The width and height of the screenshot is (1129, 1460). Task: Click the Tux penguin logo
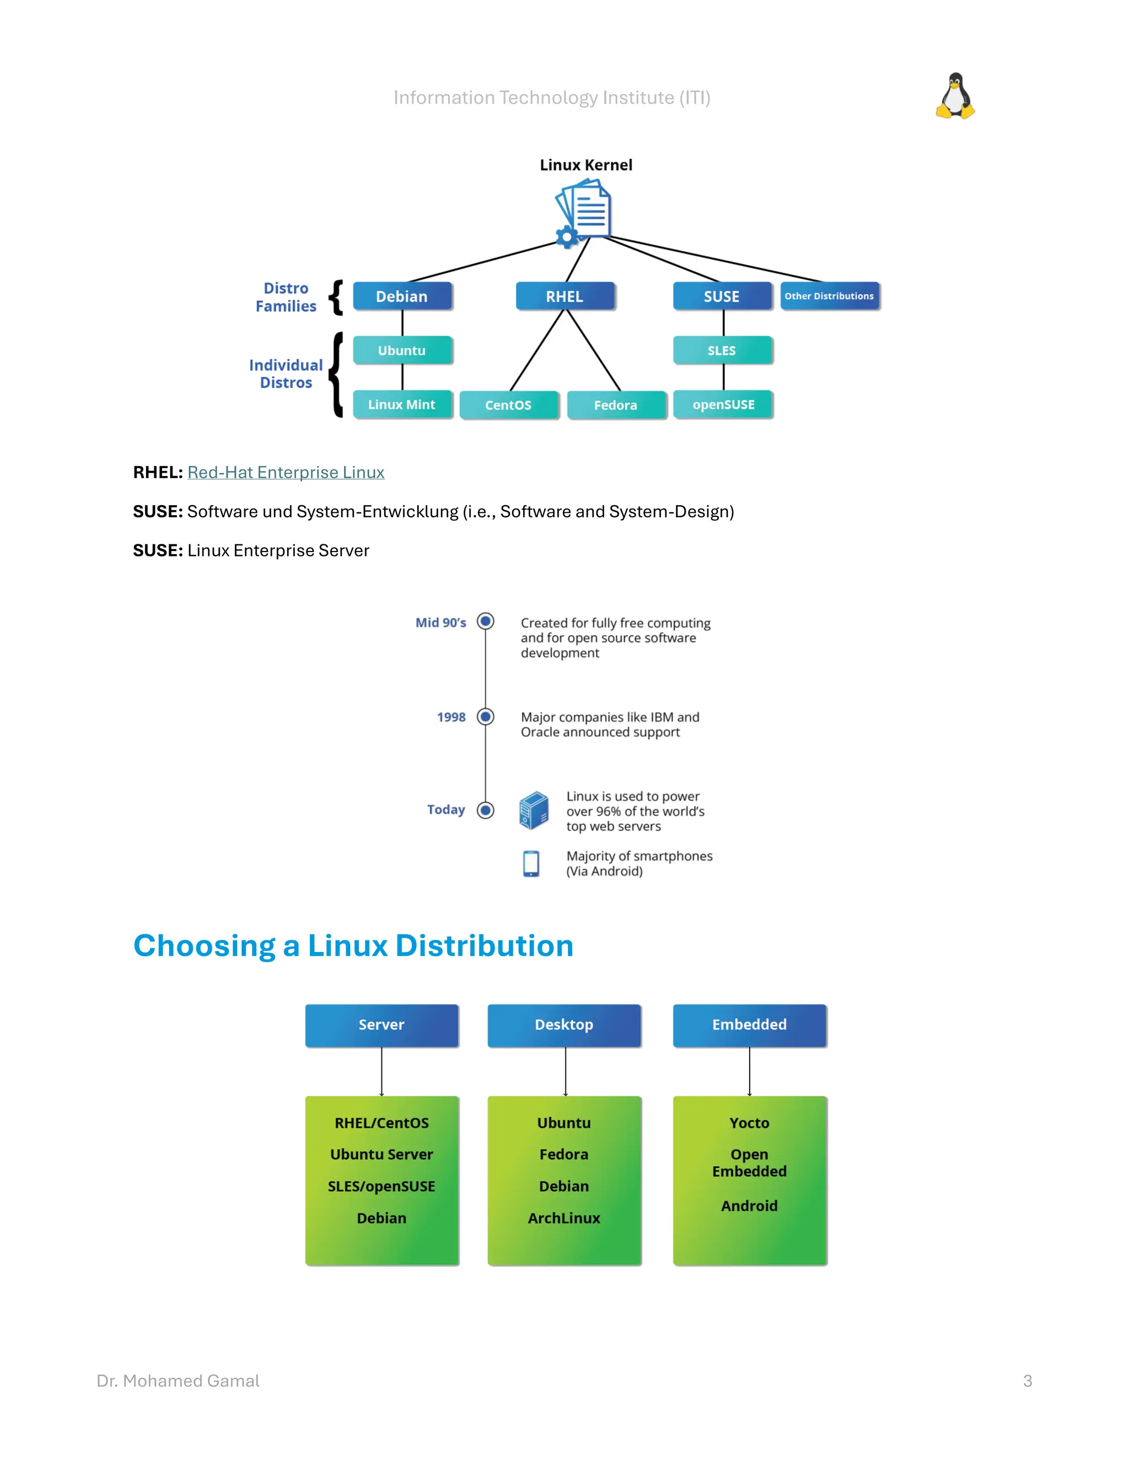[x=955, y=96]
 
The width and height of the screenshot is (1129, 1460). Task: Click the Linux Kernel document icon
[x=584, y=213]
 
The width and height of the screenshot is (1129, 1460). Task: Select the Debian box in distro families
[x=402, y=296]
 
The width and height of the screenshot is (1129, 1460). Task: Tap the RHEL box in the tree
[x=564, y=296]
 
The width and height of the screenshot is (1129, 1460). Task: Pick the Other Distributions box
[x=829, y=296]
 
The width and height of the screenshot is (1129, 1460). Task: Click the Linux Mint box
[x=402, y=404]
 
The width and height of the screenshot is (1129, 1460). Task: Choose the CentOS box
[x=508, y=405]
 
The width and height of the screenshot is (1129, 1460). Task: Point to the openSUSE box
[x=723, y=404]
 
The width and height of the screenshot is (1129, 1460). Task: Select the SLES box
[x=722, y=350]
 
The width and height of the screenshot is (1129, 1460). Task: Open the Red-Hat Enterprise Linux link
[x=286, y=473]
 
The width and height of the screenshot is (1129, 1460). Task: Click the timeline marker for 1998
[x=486, y=717]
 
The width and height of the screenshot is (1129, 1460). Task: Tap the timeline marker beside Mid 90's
[x=486, y=621]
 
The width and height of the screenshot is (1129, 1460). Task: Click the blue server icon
[x=534, y=810]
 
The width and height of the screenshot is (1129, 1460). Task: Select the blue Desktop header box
[x=564, y=1025]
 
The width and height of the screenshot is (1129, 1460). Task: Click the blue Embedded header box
[x=749, y=1025]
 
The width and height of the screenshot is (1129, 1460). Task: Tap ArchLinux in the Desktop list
[x=564, y=1218]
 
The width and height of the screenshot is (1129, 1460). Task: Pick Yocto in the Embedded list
[x=749, y=1123]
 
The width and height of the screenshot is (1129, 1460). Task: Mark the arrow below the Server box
[x=382, y=1072]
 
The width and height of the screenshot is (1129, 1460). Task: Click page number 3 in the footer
[x=1028, y=1381]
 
